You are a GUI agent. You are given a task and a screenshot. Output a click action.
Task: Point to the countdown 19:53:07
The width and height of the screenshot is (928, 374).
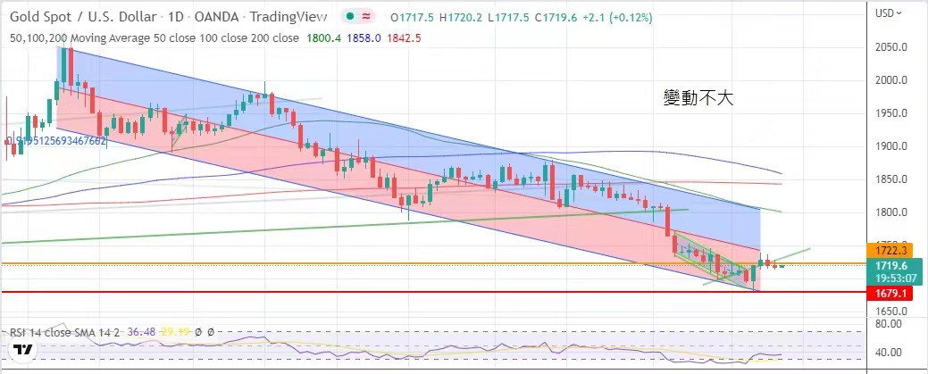(894, 277)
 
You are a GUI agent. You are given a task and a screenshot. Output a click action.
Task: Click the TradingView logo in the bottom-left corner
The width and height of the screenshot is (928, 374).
(24, 350)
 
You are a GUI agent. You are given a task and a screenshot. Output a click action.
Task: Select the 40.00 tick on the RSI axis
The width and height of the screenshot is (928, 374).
(894, 352)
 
